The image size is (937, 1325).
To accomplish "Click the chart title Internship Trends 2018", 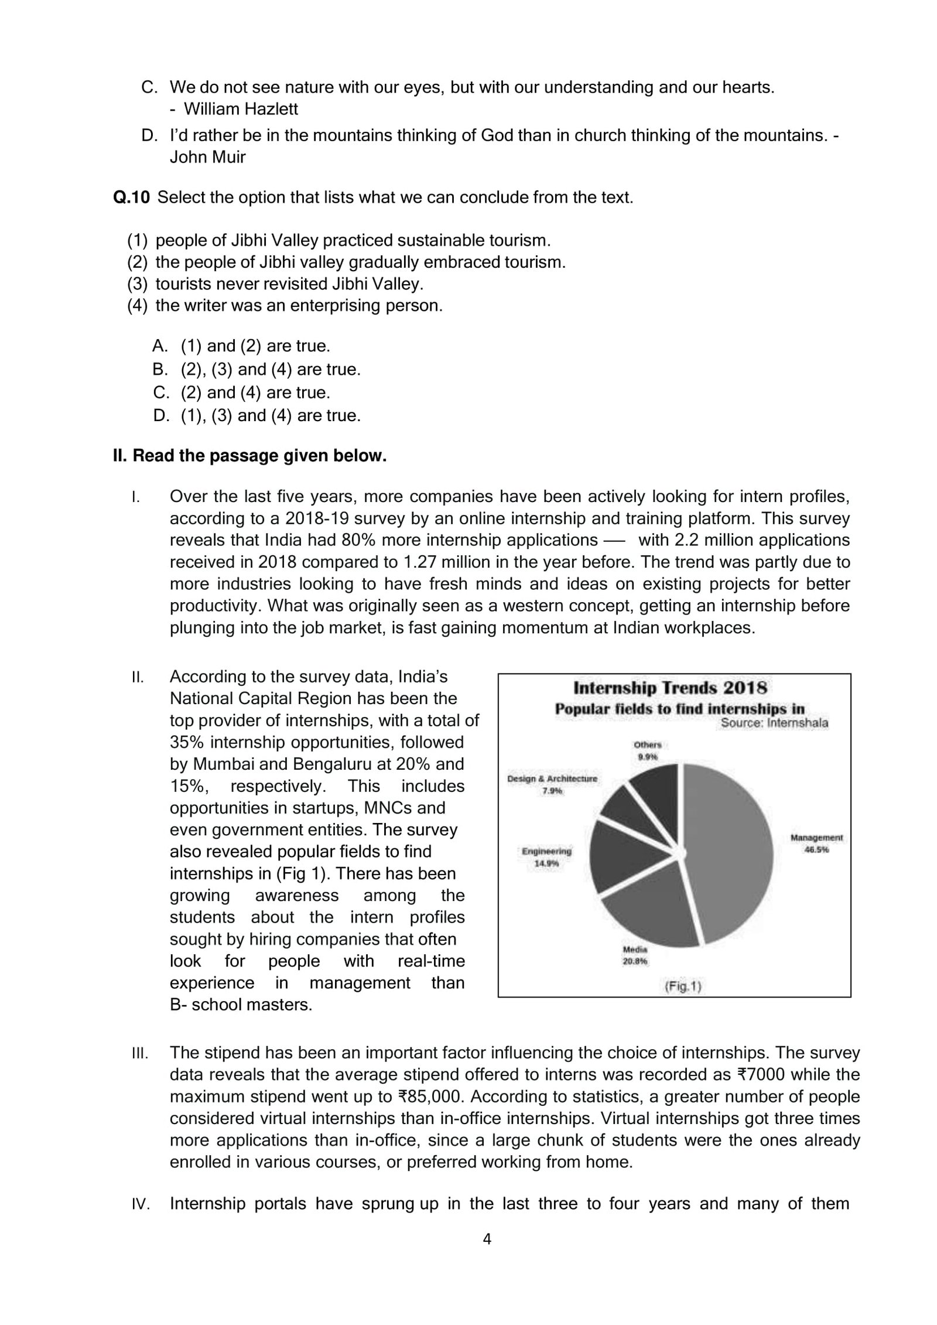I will [x=670, y=687].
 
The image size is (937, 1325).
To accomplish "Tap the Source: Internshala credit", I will [x=774, y=723].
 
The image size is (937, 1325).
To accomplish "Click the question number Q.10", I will [x=131, y=197].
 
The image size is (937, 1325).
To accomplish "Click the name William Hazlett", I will [x=240, y=109].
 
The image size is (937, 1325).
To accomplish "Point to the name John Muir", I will [x=207, y=157].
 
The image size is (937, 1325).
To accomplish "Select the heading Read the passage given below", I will [x=249, y=456].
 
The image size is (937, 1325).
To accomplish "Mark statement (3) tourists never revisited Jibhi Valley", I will [x=275, y=284].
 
